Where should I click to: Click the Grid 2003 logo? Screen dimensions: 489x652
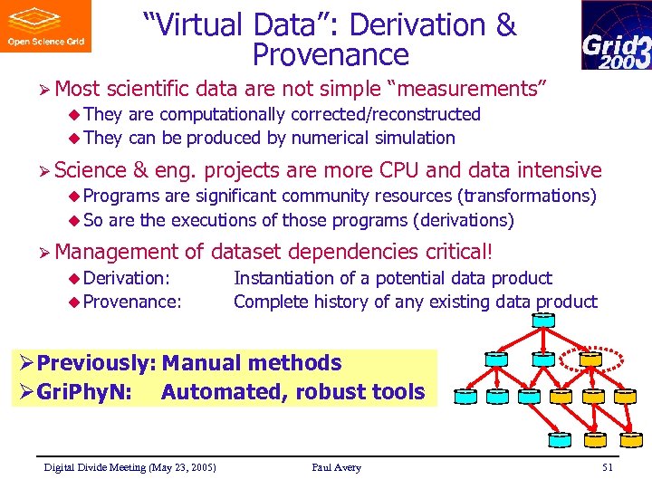[616, 35]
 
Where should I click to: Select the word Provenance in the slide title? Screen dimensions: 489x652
[331, 55]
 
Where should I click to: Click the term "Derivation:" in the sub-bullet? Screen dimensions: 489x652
[127, 278]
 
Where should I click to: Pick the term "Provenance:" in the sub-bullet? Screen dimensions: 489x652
[132, 302]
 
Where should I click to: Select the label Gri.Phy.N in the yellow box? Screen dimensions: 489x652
[85, 392]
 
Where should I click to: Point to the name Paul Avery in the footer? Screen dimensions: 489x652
[336, 467]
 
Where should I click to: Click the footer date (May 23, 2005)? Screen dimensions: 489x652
[184, 467]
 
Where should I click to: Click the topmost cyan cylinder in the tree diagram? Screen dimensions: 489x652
[543, 319]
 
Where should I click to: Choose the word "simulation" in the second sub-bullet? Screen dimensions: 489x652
[413, 139]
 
